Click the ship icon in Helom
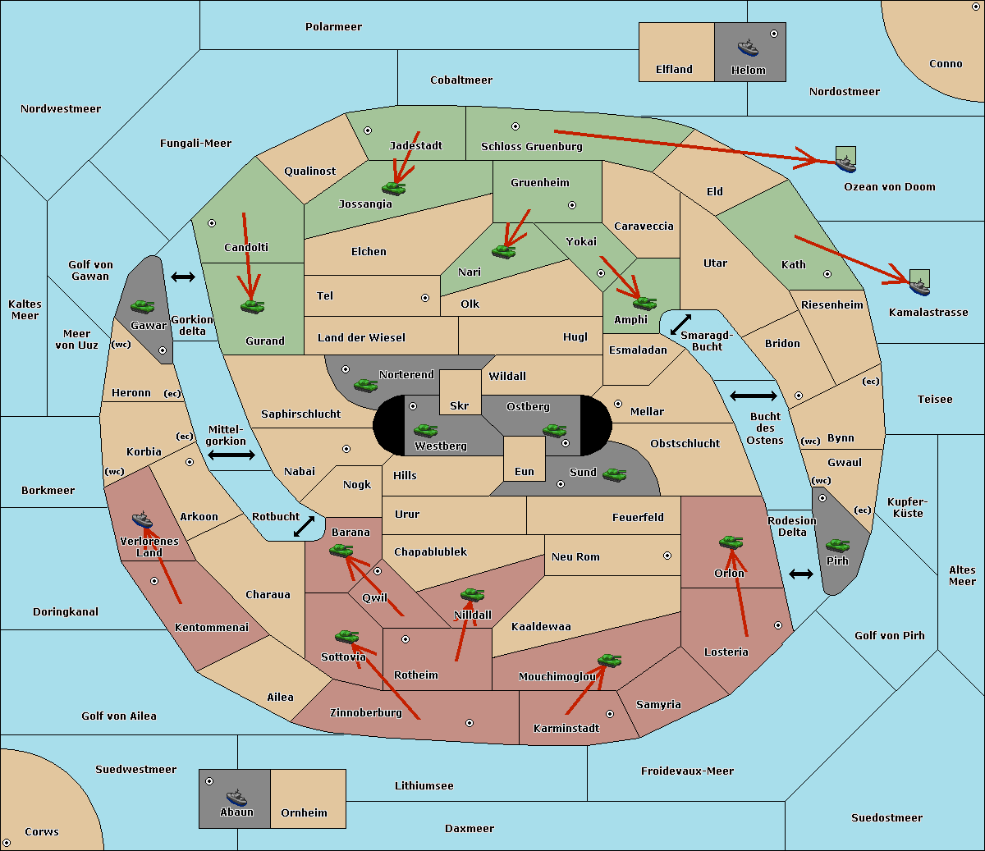748,48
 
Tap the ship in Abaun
236,797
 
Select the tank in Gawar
143,306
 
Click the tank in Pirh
837,545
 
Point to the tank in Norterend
365,385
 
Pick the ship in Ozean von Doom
845,163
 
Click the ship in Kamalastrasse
919,286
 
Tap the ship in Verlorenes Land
142,519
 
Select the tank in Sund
614,474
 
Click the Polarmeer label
333,27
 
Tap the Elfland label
674,69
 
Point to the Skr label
460,405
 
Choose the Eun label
525,471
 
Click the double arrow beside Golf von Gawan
183,277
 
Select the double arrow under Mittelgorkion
231,455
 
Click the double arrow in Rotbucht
304,526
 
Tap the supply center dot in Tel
425,298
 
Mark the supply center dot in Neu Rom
667,556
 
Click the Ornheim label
304,812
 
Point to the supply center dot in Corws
7,843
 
